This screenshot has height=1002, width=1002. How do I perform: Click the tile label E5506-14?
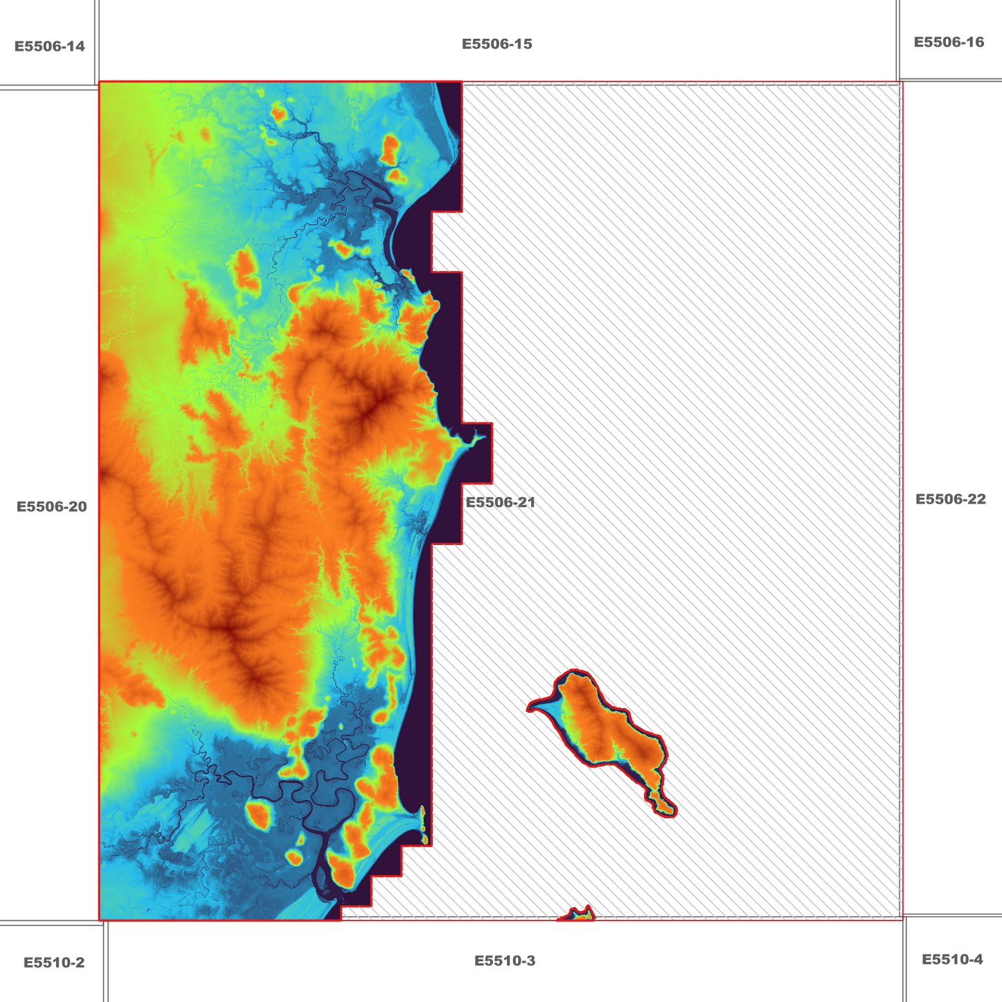(x=50, y=46)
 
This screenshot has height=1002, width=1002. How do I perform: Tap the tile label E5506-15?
(x=497, y=44)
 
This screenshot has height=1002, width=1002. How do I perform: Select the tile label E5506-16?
(x=949, y=42)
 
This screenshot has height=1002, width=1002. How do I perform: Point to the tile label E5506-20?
(x=52, y=507)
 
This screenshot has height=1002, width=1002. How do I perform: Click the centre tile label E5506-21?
(x=501, y=503)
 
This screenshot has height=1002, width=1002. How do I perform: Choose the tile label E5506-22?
(x=951, y=499)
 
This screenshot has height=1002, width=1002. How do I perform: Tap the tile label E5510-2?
(x=54, y=962)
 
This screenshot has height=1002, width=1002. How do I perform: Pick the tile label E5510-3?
(x=505, y=961)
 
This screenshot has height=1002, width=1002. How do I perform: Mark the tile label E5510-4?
(x=952, y=960)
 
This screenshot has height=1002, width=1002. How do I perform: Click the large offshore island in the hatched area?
(x=603, y=728)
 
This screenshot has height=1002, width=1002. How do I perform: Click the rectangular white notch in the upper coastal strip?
(x=447, y=242)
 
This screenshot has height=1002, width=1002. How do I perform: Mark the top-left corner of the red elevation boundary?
(x=100, y=82)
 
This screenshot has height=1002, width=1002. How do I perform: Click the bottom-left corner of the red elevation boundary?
(x=100, y=920)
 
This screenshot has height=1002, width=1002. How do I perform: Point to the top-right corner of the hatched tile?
(x=901, y=83)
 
